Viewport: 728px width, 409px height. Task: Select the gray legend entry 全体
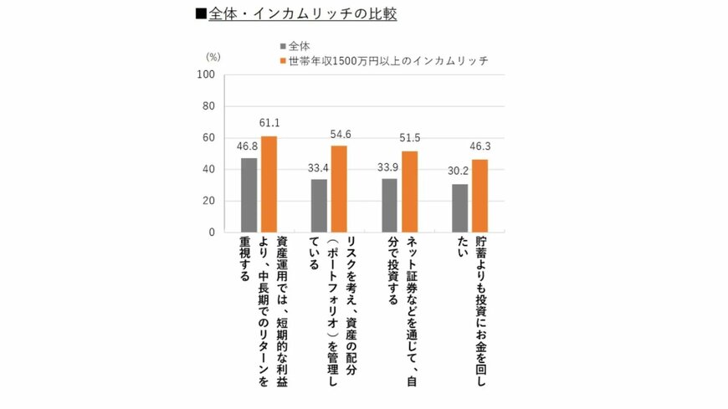tap(297, 45)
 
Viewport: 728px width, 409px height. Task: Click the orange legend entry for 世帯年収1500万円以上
tap(382, 60)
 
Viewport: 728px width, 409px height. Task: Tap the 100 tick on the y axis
tap(207, 75)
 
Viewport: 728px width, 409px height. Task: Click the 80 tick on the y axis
tap(209, 106)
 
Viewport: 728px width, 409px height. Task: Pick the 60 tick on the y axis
tap(209, 138)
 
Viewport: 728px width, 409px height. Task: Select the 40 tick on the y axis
tap(209, 170)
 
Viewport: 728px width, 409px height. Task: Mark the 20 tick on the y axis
tap(209, 201)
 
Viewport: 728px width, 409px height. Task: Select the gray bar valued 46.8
tap(249, 195)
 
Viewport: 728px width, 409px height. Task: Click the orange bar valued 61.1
tap(269, 184)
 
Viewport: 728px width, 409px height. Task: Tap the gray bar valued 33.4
tap(319, 206)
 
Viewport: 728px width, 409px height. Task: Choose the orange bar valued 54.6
tap(339, 189)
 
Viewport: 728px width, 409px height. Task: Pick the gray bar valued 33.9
tap(389, 205)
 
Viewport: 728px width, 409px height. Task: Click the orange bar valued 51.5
tap(409, 192)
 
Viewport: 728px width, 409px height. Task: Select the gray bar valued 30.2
tap(459, 208)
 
